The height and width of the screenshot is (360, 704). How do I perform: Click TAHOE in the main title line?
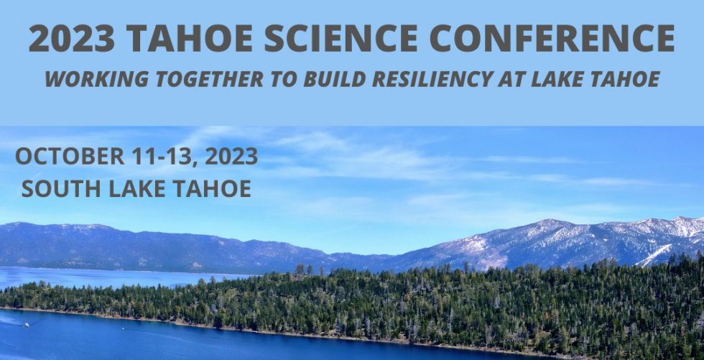[x=186, y=38]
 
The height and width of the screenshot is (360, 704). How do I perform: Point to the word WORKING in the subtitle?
[x=84, y=79]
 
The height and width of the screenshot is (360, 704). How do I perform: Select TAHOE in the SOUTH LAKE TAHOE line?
[x=214, y=189]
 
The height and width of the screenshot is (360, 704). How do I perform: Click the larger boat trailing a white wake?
[x=27, y=324]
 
